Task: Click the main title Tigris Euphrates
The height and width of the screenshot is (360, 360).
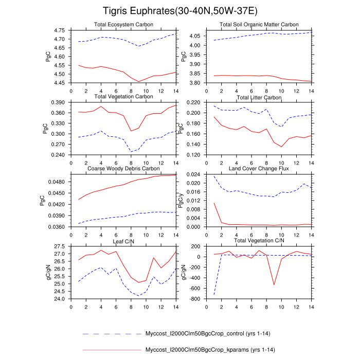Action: (x=179, y=11)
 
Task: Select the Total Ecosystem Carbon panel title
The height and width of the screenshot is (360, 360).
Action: (x=123, y=25)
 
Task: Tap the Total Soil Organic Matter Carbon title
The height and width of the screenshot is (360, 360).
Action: (x=259, y=25)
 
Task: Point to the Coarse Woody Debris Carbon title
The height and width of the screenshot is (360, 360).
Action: (x=123, y=169)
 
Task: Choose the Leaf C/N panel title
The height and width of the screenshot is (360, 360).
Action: (x=123, y=241)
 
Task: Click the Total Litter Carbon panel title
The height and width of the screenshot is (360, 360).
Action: (x=259, y=97)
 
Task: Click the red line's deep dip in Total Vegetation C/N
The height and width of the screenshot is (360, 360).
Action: (x=274, y=284)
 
